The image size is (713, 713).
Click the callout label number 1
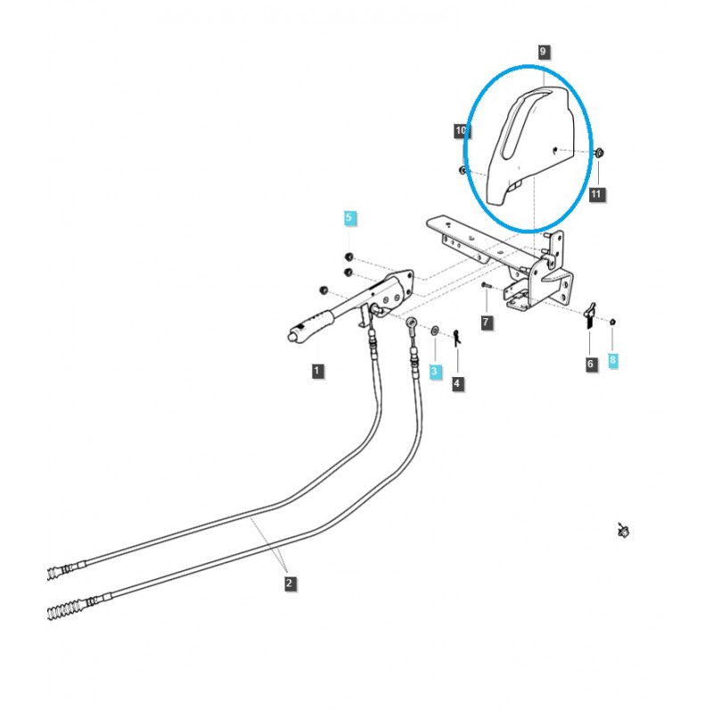318,369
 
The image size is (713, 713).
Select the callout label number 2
290,584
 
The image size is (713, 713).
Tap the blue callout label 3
434,369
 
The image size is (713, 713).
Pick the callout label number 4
457,384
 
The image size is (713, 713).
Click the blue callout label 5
349,217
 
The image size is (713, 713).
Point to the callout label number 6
590,364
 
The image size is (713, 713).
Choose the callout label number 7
486,321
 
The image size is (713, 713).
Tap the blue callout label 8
613,361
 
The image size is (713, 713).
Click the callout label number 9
544,53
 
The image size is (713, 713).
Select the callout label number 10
460,132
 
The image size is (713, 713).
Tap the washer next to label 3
434,332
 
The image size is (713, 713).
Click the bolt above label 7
485,285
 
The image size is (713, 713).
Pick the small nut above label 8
613,321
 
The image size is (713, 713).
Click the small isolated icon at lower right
624,532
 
